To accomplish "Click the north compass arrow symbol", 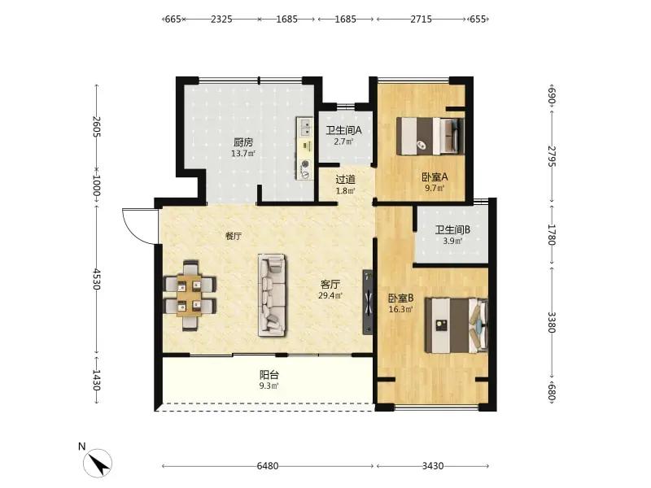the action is click(x=98, y=463).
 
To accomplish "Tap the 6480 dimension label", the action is click(x=268, y=466).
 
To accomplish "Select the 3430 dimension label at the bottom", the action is click(x=433, y=466).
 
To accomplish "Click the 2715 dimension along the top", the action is click(x=421, y=19).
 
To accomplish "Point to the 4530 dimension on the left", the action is click(x=96, y=279).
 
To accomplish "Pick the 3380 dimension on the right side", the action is click(x=552, y=322).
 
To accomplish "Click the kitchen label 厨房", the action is click(x=242, y=142).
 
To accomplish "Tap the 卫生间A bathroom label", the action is click(x=343, y=130).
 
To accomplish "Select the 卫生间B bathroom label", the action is click(x=452, y=229).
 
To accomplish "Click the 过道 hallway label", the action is click(x=345, y=180).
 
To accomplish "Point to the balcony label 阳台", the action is click(x=269, y=375).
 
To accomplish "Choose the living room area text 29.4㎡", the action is click(x=330, y=295).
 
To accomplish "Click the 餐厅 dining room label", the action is click(x=234, y=236).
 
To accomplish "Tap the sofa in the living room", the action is click(x=272, y=295).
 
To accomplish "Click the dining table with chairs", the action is click(x=190, y=295).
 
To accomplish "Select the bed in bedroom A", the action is click(x=430, y=136).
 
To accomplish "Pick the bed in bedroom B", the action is click(x=457, y=325).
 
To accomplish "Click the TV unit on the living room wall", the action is click(x=368, y=302).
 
